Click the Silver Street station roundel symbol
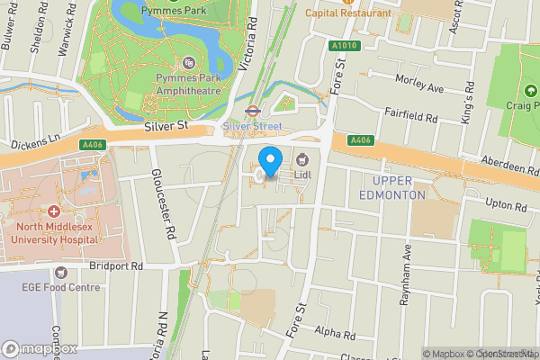[x=254, y=113]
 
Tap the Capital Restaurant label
[x=348, y=13]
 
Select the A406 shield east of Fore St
[x=361, y=139]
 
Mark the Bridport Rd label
[x=116, y=266]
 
